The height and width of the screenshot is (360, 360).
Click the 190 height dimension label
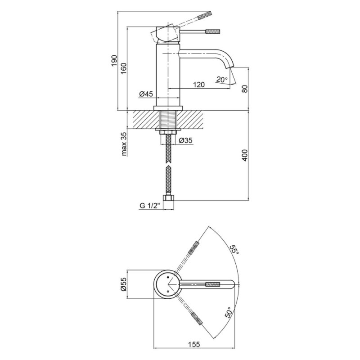(x=114, y=61)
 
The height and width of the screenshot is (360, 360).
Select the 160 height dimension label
(x=124, y=68)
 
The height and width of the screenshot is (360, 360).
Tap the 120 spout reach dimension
(x=198, y=85)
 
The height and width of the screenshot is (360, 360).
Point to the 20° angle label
(x=222, y=80)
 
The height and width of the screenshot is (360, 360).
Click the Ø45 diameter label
(x=146, y=94)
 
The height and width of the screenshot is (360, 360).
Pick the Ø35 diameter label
(x=185, y=140)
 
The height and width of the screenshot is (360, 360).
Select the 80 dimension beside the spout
(x=245, y=88)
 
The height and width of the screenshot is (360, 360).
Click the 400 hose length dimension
(x=245, y=155)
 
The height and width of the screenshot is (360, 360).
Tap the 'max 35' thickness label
(x=124, y=144)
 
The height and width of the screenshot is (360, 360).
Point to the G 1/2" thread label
(x=150, y=206)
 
